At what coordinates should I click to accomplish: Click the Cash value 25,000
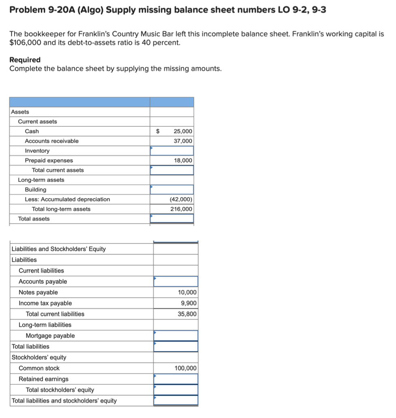coord(183,131)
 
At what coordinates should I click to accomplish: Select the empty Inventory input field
coord(172,151)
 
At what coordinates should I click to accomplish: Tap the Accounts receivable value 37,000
coord(183,141)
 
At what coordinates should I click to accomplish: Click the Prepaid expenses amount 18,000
coord(183,160)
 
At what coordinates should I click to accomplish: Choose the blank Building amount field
coord(172,190)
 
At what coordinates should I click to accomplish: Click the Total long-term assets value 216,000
coord(181,209)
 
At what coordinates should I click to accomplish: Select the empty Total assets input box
coord(172,219)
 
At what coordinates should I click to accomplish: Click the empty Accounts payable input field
coord(175,282)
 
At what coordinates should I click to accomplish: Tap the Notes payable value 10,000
coord(187,292)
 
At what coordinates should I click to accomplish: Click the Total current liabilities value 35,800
coord(187,314)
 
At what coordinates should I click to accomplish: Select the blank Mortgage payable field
coord(175,336)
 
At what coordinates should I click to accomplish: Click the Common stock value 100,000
coord(185,368)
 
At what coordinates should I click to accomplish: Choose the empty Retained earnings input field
coord(175,379)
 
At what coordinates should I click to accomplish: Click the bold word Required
coord(25,60)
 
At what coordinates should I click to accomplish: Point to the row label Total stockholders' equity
coord(60,390)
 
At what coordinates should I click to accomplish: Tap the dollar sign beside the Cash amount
coord(158,131)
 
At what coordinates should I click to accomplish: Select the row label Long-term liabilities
coord(45,325)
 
